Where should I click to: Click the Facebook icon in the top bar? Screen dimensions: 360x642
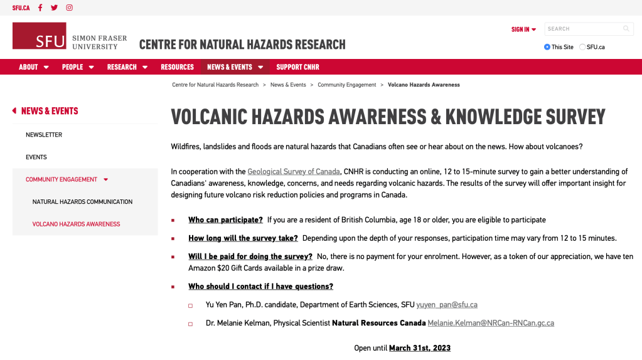[40, 8]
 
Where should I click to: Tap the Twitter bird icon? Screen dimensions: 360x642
[55, 8]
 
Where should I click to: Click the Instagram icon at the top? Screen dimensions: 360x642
[69, 8]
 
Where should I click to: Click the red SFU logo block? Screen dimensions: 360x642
[39, 36]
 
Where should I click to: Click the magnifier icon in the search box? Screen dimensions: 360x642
[626, 29]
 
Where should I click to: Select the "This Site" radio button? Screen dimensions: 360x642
[547, 47]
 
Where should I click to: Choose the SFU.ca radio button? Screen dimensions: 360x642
[582, 47]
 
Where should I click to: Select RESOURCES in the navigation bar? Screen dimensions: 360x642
[177, 67]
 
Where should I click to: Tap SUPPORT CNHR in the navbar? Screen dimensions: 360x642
[297, 67]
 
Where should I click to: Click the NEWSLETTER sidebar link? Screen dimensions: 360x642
[44, 135]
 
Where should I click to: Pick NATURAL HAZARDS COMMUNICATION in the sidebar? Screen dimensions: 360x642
[82, 202]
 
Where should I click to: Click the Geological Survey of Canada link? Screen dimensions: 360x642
[294, 172]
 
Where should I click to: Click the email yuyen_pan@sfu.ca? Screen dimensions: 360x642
[447, 305]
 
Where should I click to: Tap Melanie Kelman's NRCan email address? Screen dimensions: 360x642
[491, 323]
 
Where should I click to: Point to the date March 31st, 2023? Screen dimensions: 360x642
[420, 348]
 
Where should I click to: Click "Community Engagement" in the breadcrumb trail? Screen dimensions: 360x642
[347, 85]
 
